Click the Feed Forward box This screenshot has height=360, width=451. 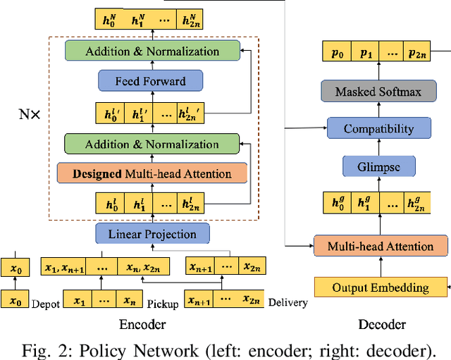coord(152,82)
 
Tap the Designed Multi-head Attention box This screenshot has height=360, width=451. coord(152,173)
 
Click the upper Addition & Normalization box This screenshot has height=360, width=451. coord(152,51)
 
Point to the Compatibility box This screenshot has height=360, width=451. coord(379,129)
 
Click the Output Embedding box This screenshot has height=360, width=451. coord(381,287)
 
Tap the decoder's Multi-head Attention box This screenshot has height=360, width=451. coord(380,247)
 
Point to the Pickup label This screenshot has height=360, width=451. coord(163,304)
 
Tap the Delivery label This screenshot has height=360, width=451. coord(288,304)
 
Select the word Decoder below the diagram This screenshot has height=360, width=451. coord(381,324)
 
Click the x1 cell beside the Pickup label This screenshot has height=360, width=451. coord(80,301)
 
